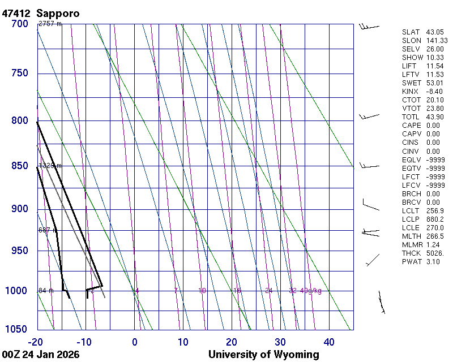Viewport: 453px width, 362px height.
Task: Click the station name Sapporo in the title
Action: pos(58,12)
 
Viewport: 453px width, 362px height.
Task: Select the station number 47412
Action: pos(16,12)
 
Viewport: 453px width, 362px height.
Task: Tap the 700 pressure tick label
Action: pos(19,24)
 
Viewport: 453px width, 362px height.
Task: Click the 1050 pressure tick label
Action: pos(16,330)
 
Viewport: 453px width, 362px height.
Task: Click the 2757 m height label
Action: pos(50,24)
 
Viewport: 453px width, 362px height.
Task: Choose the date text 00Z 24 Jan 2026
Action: pos(41,355)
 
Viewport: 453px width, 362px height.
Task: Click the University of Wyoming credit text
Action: pos(264,355)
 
